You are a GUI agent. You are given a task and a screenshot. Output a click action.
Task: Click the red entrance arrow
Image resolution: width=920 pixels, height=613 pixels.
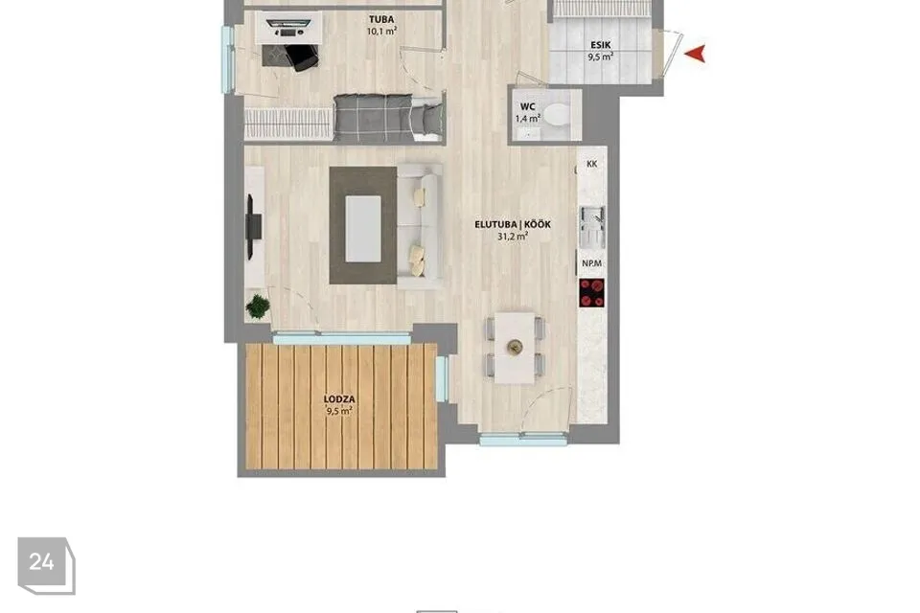(696, 54)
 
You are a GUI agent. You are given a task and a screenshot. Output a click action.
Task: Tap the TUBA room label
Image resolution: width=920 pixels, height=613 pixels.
(381, 19)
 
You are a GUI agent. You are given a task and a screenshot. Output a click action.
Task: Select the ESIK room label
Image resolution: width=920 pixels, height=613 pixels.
(600, 45)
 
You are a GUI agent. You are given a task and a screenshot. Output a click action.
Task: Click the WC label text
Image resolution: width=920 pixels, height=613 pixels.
(527, 106)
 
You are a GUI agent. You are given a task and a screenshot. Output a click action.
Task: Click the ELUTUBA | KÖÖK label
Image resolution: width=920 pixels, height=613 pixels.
(512, 224)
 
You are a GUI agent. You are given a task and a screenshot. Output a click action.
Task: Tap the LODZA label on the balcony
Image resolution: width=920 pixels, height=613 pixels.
(339, 398)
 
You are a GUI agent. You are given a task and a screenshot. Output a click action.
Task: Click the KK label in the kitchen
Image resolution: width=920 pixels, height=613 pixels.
(591, 164)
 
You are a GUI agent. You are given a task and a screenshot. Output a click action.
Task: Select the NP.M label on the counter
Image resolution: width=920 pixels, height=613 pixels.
(591, 263)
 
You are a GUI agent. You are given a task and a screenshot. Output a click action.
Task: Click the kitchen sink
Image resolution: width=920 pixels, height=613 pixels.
(592, 226)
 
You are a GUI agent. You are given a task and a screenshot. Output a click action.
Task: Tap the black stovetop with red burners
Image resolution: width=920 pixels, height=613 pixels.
(592, 293)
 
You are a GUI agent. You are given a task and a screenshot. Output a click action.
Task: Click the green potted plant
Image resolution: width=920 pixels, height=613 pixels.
(258, 306)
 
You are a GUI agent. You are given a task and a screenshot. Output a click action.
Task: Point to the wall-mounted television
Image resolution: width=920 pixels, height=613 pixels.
(252, 226)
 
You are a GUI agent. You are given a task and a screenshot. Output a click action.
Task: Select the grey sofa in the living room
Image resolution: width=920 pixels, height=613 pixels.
(419, 226)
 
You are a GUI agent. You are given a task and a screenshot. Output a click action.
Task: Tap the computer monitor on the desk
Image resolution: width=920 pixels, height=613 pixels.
(288, 24)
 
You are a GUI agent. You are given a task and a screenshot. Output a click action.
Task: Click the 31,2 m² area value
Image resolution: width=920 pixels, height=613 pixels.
(512, 237)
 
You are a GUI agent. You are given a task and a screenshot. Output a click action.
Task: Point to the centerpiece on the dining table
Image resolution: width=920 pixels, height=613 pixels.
(515, 348)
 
